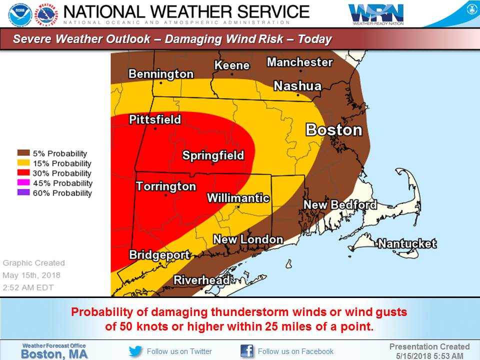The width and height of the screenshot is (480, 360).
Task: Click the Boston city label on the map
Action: click(x=333, y=130)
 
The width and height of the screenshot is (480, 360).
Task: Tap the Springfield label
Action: click(x=213, y=155)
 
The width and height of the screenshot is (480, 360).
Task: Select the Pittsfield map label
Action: click(x=154, y=120)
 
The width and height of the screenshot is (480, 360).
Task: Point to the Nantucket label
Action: click(x=407, y=244)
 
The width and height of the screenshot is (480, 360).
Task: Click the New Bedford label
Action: click(x=340, y=205)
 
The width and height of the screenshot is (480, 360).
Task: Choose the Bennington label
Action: click(x=160, y=74)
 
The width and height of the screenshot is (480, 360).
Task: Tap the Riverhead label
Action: click(x=201, y=280)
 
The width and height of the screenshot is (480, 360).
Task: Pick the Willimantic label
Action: click(x=238, y=198)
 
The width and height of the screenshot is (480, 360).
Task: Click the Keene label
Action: click(x=231, y=65)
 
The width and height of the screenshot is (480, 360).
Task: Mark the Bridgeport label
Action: click(x=159, y=255)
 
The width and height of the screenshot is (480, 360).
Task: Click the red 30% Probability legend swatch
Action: click(x=23, y=173)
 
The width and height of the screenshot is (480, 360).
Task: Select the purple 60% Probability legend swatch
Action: click(x=23, y=193)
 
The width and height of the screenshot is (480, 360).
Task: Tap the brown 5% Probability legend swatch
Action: click(x=23, y=153)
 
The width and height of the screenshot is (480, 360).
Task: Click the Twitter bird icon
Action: click(x=135, y=351)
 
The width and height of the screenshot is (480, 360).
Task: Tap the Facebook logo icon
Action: click(x=247, y=351)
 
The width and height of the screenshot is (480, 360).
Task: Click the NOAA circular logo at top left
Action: click(x=20, y=14)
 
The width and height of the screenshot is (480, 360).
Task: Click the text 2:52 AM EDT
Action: click(x=28, y=287)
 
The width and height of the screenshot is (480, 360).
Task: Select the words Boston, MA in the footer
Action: click(x=54, y=353)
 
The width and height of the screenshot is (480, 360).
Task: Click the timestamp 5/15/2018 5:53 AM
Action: click(x=429, y=355)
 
